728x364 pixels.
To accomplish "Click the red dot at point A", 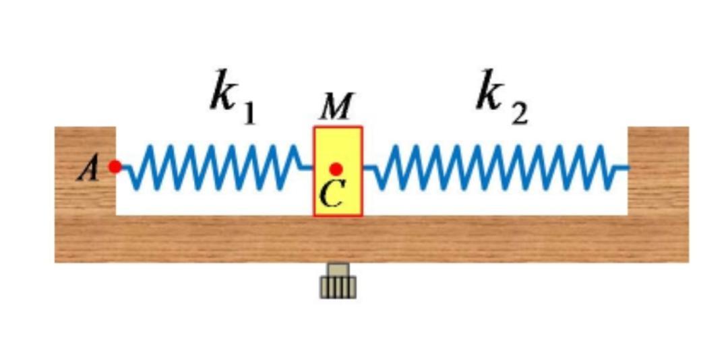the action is point(115,166).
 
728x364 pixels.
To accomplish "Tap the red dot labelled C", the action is point(336,169).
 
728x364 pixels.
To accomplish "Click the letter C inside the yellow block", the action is point(332,194).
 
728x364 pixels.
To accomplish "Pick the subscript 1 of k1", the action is point(249,115).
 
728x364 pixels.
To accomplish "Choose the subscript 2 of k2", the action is point(519,115).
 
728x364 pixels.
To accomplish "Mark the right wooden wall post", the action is point(658,169).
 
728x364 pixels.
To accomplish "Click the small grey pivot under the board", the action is point(338,282).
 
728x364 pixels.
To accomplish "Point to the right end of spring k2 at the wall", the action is point(625,167).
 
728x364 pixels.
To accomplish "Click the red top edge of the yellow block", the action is point(338,127).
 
